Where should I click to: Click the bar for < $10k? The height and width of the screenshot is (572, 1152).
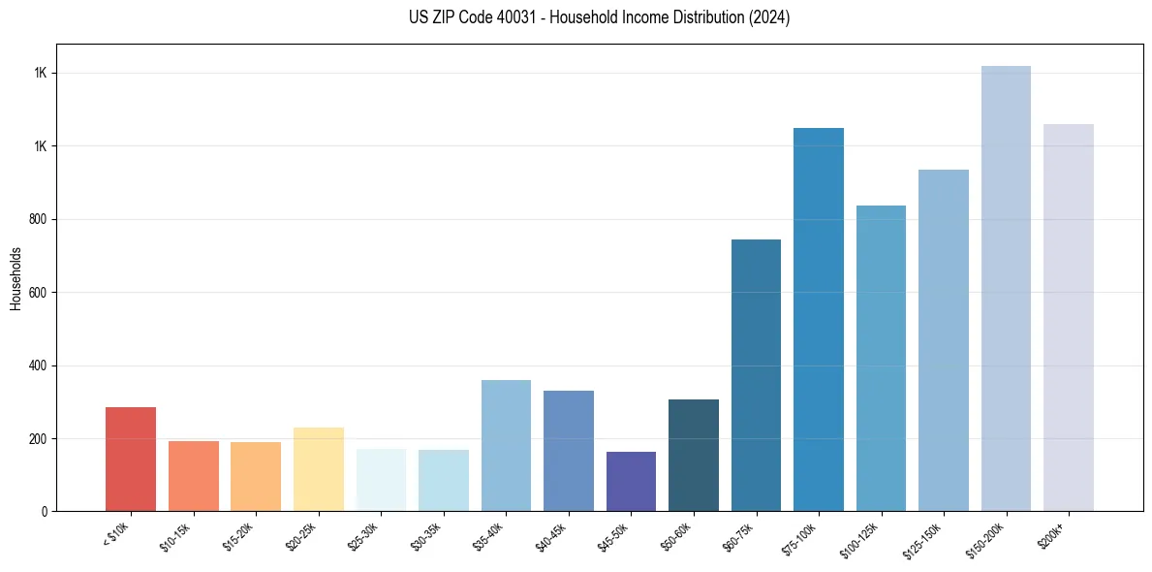pos(131,459)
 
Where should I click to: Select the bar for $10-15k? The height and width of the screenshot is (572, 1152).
pos(193,476)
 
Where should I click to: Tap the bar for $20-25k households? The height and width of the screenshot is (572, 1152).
pos(318,469)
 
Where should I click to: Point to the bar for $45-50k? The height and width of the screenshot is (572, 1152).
pos(631,481)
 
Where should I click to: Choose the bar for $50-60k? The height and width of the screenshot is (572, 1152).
pos(694,455)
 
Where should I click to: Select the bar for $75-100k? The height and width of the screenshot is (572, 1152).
pos(819,319)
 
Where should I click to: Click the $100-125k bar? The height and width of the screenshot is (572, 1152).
pos(881,358)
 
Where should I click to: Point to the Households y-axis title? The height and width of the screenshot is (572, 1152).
pos(16,278)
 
